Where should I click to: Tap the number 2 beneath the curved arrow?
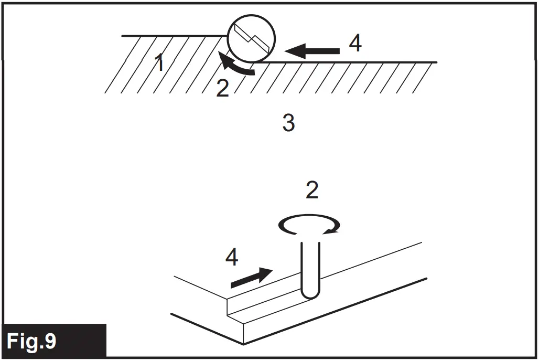[x=223, y=89]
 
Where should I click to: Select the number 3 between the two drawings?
[x=288, y=123]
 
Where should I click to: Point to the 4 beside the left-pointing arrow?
[x=355, y=43]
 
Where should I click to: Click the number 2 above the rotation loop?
[x=312, y=190]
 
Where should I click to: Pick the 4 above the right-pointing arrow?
[x=232, y=257]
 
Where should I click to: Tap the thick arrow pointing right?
[x=252, y=277]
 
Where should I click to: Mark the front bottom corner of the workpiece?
[x=243, y=344]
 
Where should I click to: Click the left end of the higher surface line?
[x=123, y=36]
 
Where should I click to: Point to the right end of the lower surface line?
[x=436, y=62]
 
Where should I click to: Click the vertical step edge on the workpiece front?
[x=227, y=307]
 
